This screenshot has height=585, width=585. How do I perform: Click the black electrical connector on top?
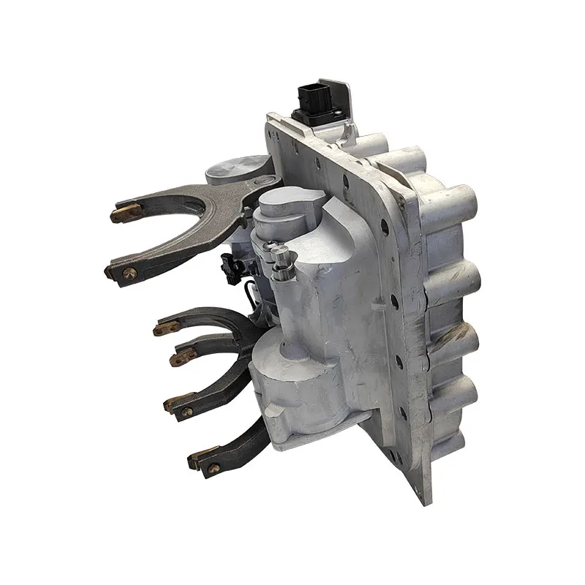click(x=312, y=103)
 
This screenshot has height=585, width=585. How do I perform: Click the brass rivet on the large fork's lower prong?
click(x=129, y=273)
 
